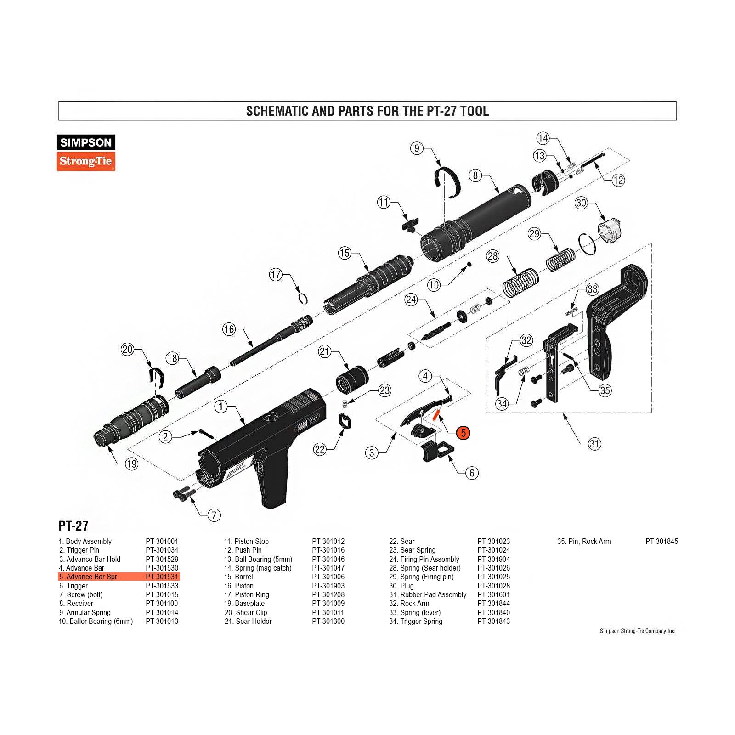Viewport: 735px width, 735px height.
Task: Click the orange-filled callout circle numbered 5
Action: point(463,433)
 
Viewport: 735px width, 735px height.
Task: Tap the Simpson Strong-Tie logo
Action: point(86,153)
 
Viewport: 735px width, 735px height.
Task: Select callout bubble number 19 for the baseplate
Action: point(131,464)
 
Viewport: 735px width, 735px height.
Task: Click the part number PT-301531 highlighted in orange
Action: point(162,577)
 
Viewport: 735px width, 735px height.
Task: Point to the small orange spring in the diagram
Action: point(437,414)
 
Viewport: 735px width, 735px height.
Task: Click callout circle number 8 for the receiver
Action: point(475,175)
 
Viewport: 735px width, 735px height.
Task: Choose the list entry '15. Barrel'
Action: point(238,577)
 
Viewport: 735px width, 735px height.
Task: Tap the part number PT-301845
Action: point(661,542)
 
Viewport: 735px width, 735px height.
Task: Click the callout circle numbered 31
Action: point(594,444)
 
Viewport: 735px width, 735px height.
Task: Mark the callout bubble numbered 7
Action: point(214,515)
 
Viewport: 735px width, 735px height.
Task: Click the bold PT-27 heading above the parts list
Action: point(73,526)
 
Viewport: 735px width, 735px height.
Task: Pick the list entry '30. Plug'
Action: point(401,586)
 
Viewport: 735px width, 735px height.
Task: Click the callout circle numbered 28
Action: point(492,256)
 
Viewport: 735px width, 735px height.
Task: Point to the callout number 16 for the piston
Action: point(229,329)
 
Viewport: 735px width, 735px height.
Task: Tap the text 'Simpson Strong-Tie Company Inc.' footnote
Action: point(638,631)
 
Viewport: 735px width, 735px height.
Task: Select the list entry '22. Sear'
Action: point(402,542)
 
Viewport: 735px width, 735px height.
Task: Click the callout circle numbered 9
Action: point(417,148)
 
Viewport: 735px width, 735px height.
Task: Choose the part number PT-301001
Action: point(162,542)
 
